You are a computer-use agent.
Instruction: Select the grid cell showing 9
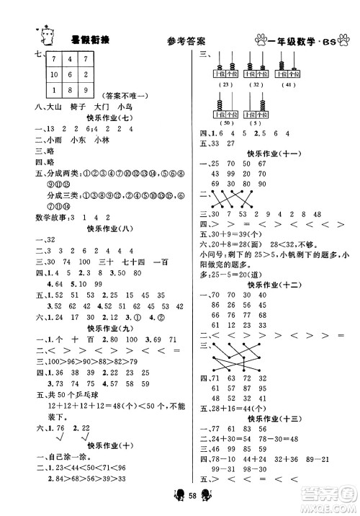87,89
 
